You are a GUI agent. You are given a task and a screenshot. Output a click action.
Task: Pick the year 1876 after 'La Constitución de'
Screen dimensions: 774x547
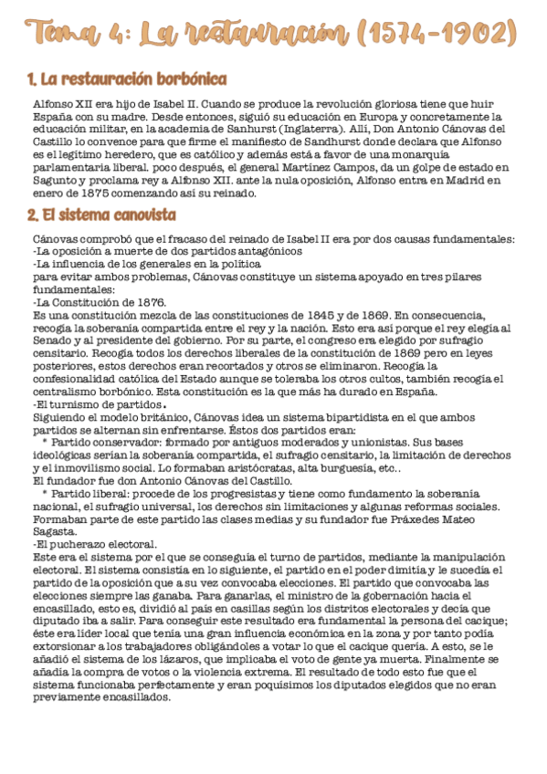click(147, 302)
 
